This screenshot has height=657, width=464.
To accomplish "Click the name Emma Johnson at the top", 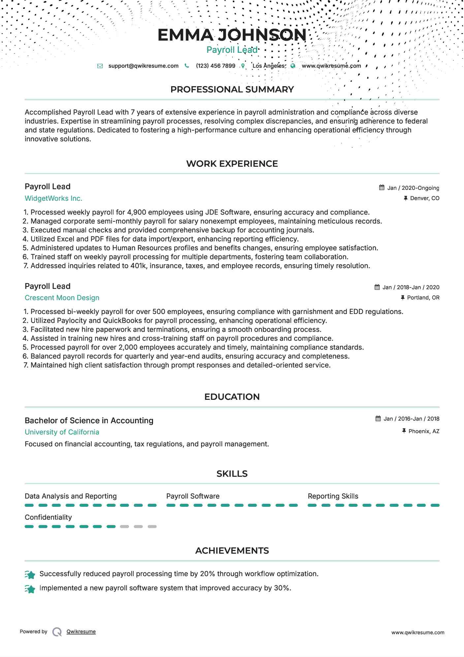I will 232,35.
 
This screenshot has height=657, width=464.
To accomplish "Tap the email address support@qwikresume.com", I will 143,66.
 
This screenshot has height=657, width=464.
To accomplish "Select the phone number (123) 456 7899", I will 215,66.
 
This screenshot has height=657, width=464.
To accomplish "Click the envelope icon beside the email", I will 100,66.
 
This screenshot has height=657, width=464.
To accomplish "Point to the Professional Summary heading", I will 232,89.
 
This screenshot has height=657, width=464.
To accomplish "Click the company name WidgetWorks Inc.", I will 53,198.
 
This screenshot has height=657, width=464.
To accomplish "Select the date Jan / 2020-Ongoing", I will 413,188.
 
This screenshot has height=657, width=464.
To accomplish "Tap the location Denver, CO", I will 424,198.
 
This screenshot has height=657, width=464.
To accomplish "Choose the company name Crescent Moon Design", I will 62,298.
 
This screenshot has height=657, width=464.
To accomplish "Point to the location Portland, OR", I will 423,298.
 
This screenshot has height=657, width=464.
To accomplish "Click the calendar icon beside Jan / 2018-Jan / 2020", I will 377,287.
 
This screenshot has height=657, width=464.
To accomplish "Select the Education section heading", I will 232,397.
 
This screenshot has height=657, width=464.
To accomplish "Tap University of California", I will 62,432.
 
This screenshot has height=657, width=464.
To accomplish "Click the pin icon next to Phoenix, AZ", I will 404,431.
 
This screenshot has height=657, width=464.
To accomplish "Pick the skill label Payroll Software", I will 193,496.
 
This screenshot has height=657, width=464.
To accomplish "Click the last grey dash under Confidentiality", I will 152,527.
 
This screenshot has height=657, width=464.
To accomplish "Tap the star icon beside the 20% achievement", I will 30,575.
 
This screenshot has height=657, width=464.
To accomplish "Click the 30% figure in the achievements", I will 282,588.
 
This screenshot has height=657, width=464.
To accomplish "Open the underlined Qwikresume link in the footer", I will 81,632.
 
